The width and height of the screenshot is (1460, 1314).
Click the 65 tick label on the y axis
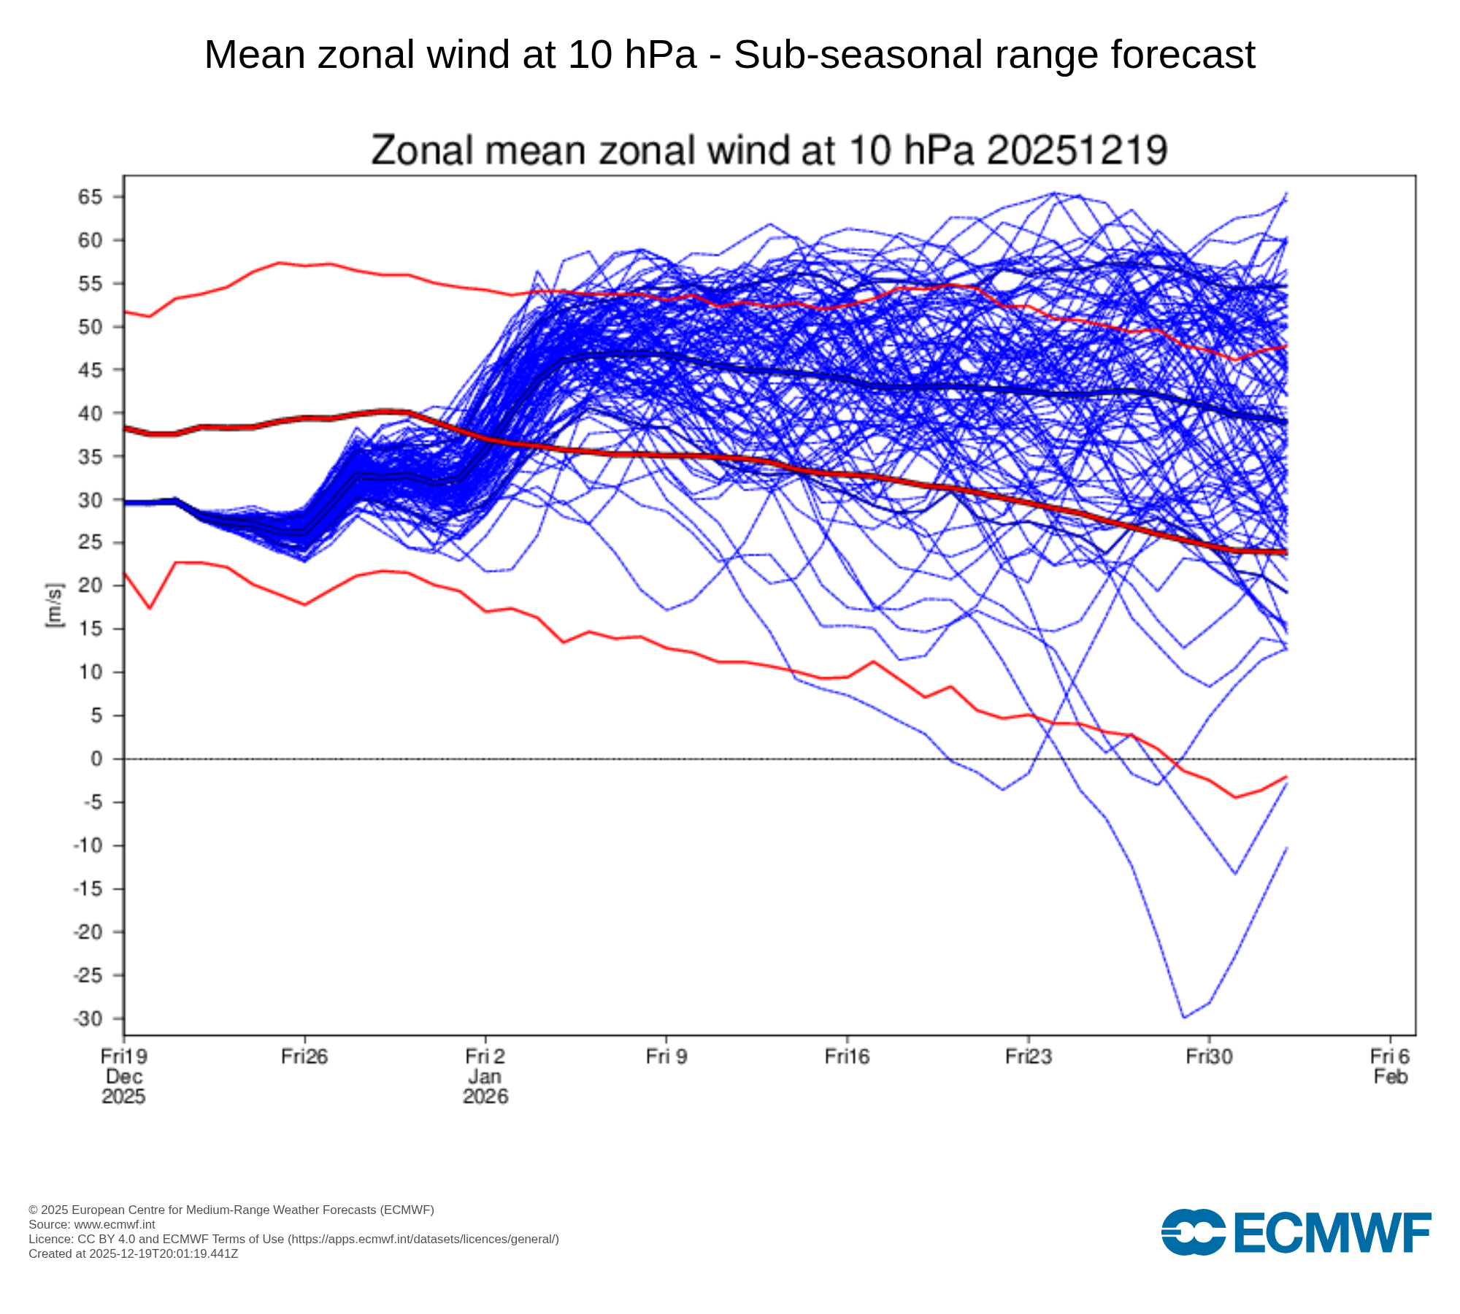click(90, 197)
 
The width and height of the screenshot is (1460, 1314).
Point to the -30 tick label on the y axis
click(87, 1018)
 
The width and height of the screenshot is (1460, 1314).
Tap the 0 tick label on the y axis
click(96, 759)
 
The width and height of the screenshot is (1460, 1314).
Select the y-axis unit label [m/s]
click(55, 605)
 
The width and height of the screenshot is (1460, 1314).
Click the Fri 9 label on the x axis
click(666, 1056)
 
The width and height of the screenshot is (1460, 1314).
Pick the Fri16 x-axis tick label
click(847, 1056)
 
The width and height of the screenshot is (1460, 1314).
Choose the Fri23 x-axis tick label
click(1028, 1056)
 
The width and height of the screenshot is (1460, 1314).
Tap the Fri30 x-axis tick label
click(1209, 1056)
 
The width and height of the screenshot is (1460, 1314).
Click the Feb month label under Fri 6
click(1390, 1077)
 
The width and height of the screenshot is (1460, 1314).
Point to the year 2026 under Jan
click(485, 1096)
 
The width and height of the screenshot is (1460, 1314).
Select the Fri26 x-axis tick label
click(304, 1056)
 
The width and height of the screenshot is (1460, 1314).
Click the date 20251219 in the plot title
click(1077, 150)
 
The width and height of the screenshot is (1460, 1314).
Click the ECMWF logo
click(1296, 1233)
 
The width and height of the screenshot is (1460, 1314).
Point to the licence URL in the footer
click(423, 1239)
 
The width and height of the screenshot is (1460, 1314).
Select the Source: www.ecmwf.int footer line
click(91, 1224)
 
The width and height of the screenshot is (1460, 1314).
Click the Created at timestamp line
click(133, 1253)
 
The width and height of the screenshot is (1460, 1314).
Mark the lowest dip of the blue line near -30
click(1183, 1017)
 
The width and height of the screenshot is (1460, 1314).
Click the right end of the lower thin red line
click(1286, 777)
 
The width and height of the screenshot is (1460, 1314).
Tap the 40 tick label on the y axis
click(90, 413)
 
